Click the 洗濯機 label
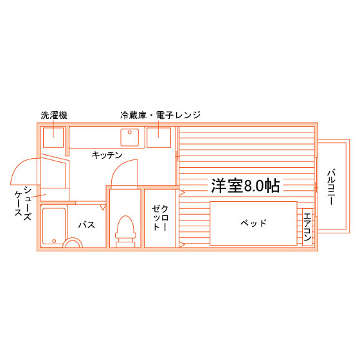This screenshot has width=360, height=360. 54,115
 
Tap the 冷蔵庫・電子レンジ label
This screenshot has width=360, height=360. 161,115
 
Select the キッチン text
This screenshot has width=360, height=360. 107,155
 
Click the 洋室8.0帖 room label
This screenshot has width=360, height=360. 246,186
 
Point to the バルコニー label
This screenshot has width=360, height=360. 331,187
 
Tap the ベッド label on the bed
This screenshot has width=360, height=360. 253,222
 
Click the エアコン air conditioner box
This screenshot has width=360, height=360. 307,227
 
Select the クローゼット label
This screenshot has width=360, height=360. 160,218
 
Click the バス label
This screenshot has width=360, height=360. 87,225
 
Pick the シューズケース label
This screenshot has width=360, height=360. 23,203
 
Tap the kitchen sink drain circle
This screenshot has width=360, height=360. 130,132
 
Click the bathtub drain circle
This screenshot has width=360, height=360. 54,241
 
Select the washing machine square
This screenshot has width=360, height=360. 53,138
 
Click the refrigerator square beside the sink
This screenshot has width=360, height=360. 159,138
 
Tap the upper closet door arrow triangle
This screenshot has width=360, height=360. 182,192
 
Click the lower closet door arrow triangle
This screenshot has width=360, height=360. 182,244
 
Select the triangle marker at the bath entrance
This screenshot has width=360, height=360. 103,208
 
